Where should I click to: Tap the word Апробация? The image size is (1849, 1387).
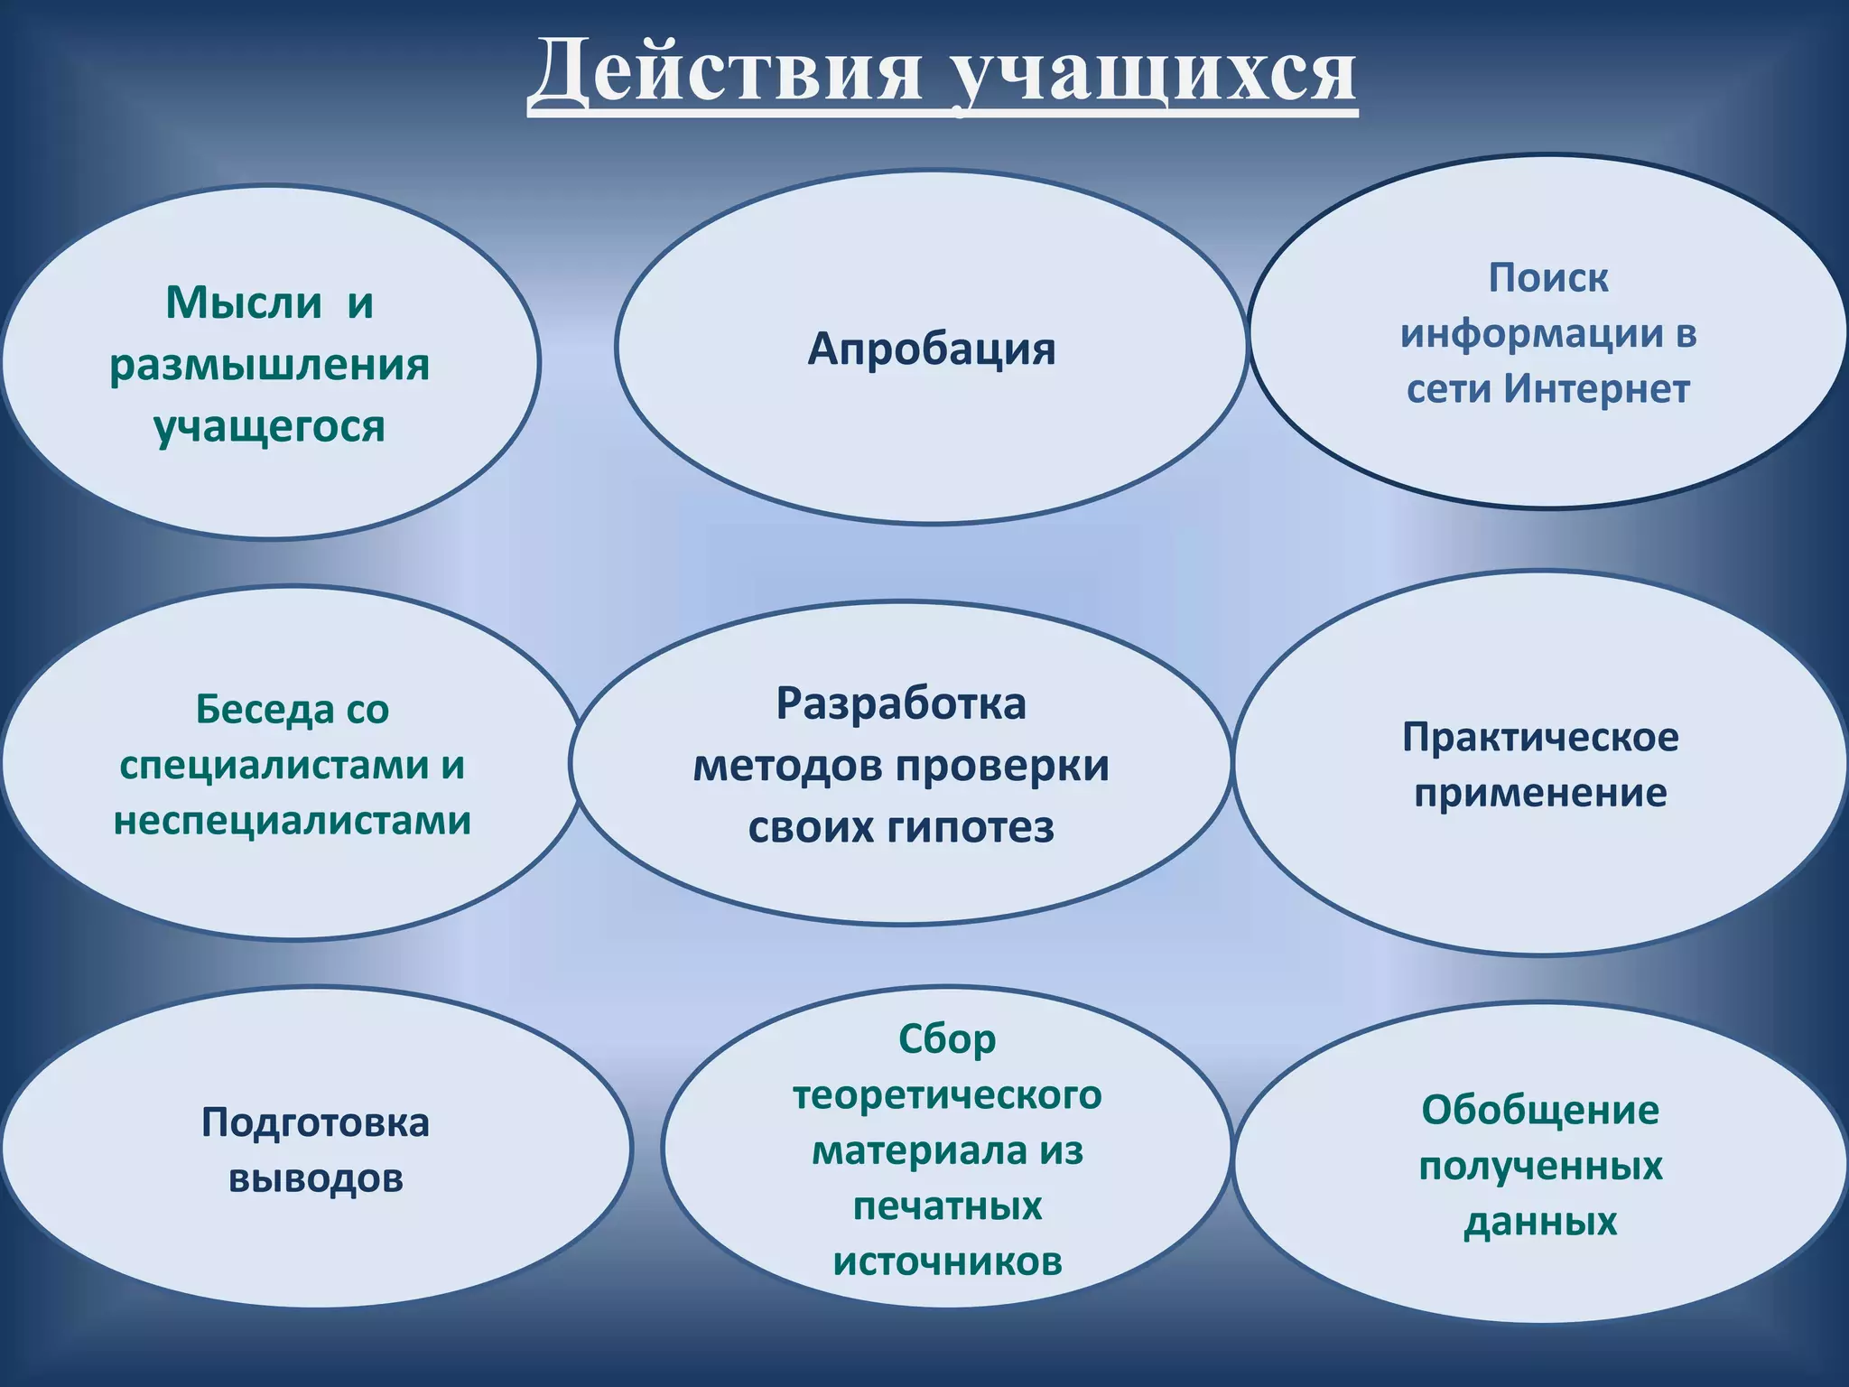(x=931, y=349)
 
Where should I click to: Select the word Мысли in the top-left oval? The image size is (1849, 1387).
(x=243, y=303)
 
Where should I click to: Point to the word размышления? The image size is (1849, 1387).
(x=269, y=365)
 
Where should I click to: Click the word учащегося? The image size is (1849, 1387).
(x=269, y=426)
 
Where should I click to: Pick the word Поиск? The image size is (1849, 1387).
(x=1547, y=277)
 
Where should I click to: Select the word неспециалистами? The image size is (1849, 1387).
(x=292, y=821)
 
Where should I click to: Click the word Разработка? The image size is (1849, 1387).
(x=900, y=703)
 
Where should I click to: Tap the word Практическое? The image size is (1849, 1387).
(x=1540, y=737)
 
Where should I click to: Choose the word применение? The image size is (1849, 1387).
(x=1540, y=793)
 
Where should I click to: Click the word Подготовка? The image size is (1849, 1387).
(x=315, y=1122)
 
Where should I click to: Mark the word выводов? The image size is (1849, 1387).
(x=315, y=1178)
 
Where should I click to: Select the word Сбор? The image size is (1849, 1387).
(x=947, y=1039)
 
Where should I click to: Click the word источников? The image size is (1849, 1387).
(x=947, y=1261)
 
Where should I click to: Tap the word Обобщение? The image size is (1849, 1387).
(x=1540, y=1110)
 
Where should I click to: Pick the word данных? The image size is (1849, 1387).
(x=1540, y=1222)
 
